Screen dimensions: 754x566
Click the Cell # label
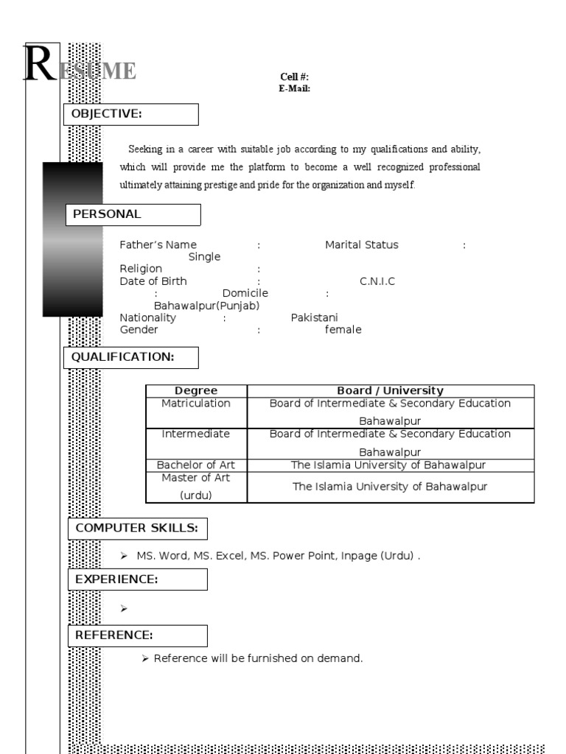(294, 77)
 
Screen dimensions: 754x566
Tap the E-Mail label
(294, 88)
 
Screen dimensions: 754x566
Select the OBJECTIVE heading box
(132, 114)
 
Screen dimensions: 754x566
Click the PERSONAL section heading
(133, 214)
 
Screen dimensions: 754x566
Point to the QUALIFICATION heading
(132, 357)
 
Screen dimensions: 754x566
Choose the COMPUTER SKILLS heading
(138, 529)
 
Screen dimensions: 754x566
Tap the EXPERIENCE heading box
(138, 579)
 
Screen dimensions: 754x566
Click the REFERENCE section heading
(138, 635)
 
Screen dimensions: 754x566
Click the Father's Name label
(158, 245)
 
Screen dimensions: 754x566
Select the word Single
(204, 257)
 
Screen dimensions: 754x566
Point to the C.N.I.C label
(377, 281)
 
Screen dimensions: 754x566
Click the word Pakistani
(314, 317)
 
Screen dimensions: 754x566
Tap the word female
(343, 330)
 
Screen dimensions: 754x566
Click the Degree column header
(196, 390)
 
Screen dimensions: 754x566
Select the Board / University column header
(390, 390)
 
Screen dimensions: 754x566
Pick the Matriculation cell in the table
(196, 404)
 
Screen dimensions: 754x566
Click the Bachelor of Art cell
(196, 465)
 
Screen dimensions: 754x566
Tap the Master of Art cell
(196, 478)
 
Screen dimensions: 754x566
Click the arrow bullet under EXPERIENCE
(124, 608)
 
